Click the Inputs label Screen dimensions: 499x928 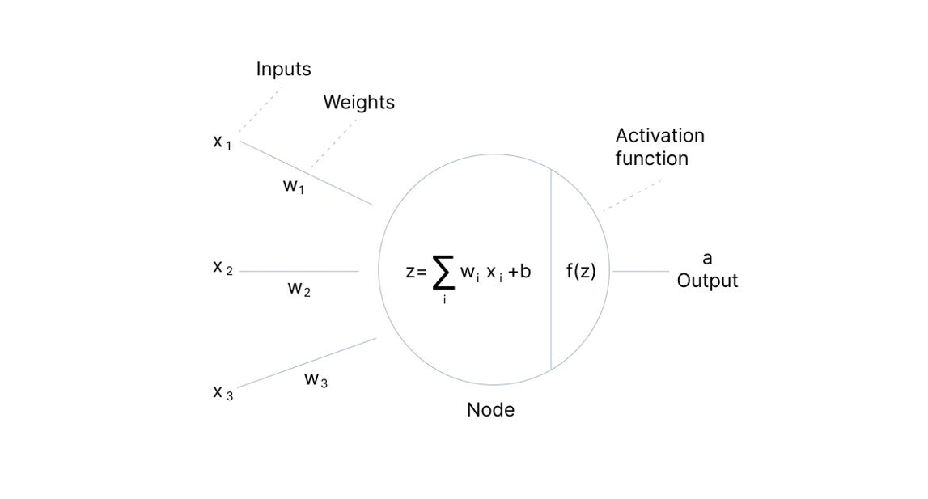coord(283,70)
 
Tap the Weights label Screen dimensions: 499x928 coord(358,103)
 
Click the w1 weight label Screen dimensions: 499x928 coord(293,186)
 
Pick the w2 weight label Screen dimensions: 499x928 coord(299,289)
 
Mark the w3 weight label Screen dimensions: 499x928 coord(316,379)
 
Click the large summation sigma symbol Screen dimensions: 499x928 coord(443,273)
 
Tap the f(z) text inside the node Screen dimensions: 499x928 coord(580,272)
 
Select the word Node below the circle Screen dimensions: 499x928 coord(490,410)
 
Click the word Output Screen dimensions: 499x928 coord(707,281)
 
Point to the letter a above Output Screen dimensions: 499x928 coord(707,259)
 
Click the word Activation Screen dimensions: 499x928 coord(659,136)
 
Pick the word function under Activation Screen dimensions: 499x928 coord(651,159)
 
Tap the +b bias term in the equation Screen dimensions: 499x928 coord(519,272)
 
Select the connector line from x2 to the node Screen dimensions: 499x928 coord(299,272)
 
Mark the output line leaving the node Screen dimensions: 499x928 coord(641,272)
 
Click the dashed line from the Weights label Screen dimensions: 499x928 coord(334,142)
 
